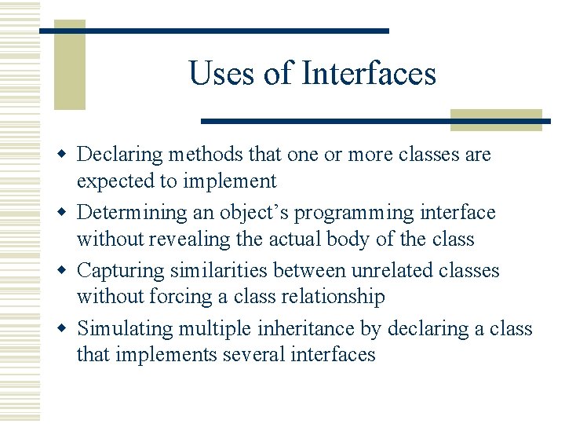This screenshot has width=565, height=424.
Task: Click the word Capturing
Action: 120,271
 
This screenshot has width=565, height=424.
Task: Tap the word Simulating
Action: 123,328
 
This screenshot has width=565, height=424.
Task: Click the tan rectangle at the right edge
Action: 496,119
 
